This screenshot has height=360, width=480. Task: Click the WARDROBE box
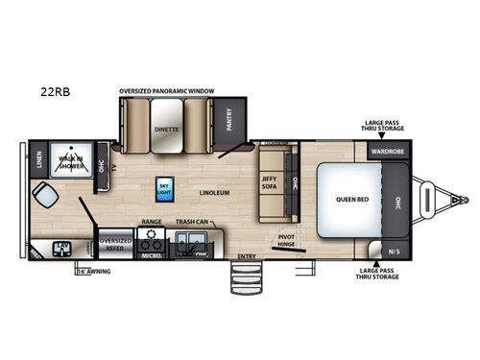(x=389, y=150)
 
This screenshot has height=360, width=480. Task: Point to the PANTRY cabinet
(x=228, y=120)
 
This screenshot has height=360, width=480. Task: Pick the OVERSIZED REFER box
(x=114, y=244)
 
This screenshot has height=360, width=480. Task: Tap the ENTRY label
(x=245, y=257)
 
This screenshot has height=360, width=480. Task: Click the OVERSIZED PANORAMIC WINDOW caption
(x=167, y=90)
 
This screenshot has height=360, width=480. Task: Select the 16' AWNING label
(x=93, y=273)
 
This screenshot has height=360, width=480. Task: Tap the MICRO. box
(x=151, y=255)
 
